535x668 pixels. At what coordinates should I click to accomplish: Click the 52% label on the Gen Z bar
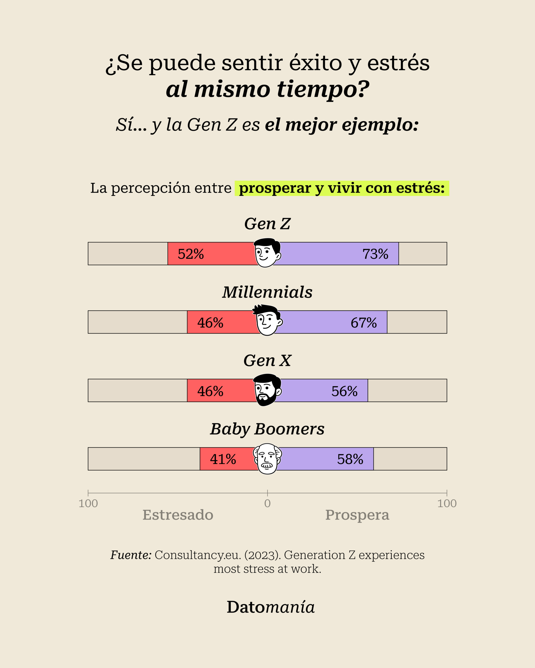click(x=191, y=254)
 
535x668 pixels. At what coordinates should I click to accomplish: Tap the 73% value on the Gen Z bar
click(x=375, y=254)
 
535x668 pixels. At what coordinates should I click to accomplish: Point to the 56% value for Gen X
click(x=345, y=391)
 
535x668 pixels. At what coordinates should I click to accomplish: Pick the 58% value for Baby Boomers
click(x=350, y=459)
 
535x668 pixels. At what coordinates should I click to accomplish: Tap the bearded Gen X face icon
click(x=267, y=390)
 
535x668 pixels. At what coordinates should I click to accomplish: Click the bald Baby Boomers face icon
click(x=267, y=458)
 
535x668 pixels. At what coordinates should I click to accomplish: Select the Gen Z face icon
click(x=267, y=253)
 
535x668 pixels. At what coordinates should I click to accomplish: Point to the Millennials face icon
click(x=267, y=320)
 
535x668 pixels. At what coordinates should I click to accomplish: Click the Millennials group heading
click(x=267, y=292)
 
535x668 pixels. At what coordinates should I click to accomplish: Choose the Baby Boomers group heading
click(x=267, y=430)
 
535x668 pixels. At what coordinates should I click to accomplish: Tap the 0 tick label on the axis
click(x=267, y=503)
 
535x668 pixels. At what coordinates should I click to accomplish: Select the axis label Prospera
click(x=357, y=516)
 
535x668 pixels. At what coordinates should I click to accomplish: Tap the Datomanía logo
click(x=271, y=607)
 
